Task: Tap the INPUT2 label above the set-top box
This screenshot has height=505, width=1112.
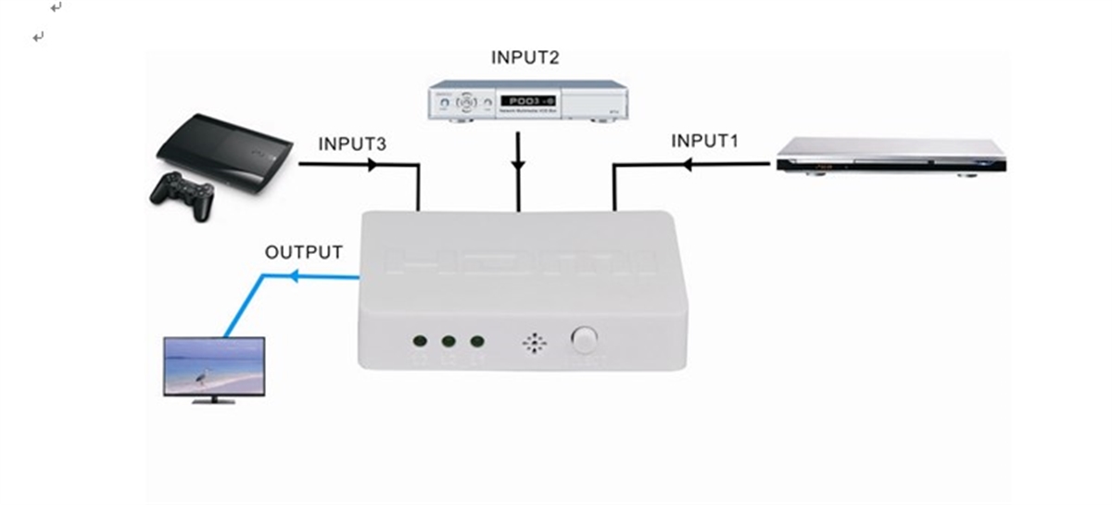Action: tap(524, 57)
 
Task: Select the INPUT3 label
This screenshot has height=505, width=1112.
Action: tap(352, 145)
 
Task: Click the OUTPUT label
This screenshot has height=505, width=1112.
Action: tap(304, 252)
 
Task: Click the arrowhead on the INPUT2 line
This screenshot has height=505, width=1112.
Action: tap(518, 167)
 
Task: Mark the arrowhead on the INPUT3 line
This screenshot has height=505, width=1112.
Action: tap(373, 165)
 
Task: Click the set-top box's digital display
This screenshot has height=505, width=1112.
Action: tap(527, 100)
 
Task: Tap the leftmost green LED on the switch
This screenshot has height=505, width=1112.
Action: tap(420, 341)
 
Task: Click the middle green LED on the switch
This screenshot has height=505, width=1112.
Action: tap(449, 341)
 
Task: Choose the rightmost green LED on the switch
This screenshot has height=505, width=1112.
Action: tap(477, 341)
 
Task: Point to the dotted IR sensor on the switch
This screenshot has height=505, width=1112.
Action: tap(535, 343)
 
